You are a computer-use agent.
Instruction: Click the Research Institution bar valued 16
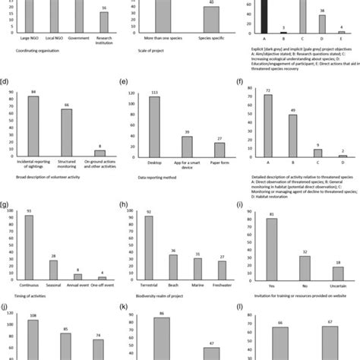pyautogui.click(x=104, y=24)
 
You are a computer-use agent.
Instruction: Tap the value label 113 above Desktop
pyautogui.click(x=154, y=93)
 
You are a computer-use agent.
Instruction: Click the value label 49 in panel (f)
pyautogui.click(x=292, y=110)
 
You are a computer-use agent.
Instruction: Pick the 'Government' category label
pyautogui.click(x=78, y=39)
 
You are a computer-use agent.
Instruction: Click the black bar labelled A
pyautogui.click(x=264, y=15)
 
